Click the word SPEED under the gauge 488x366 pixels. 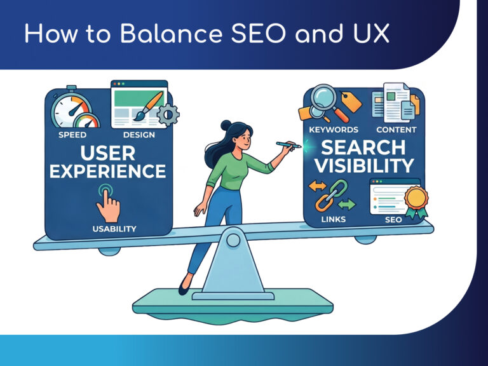pyautogui.click(x=72, y=135)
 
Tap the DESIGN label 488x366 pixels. pyautogui.click(x=139, y=135)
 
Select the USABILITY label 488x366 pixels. pyautogui.click(x=114, y=229)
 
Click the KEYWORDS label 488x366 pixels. pyautogui.click(x=334, y=130)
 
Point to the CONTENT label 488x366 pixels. pyautogui.click(x=396, y=130)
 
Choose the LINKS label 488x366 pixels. pyautogui.click(x=334, y=219)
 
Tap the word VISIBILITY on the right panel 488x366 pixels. pyautogui.click(x=364, y=165)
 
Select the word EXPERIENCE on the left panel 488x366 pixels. pyautogui.click(x=107, y=171)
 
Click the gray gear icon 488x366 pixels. pyautogui.click(x=168, y=115)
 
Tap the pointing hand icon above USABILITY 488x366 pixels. pyautogui.click(x=108, y=203)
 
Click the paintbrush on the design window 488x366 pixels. pyautogui.click(x=148, y=106)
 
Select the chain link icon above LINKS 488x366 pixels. pyautogui.click(x=331, y=196)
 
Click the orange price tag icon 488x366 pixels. pyautogui.click(x=351, y=101)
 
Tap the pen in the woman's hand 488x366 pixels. pyautogui.click(x=288, y=144)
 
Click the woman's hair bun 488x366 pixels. pyautogui.click(x=226, y=125)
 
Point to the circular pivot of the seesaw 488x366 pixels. pyautogui.click(x=233, y=240)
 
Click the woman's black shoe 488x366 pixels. pyautogui.click(x=184, y=285)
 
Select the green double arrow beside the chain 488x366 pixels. pyautogui.click(x=346, y=205)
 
